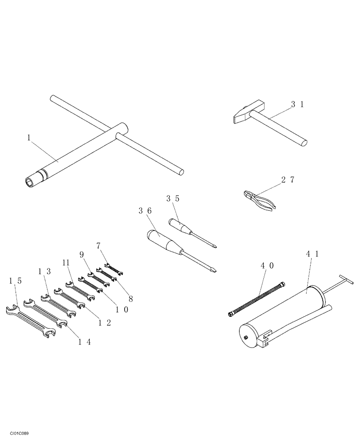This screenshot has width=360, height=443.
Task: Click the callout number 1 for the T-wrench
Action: pos(29,138)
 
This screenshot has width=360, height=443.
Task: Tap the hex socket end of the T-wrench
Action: pos(31,181)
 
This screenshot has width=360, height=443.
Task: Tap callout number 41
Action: pos(313,254)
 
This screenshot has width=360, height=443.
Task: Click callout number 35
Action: pos(173,199)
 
